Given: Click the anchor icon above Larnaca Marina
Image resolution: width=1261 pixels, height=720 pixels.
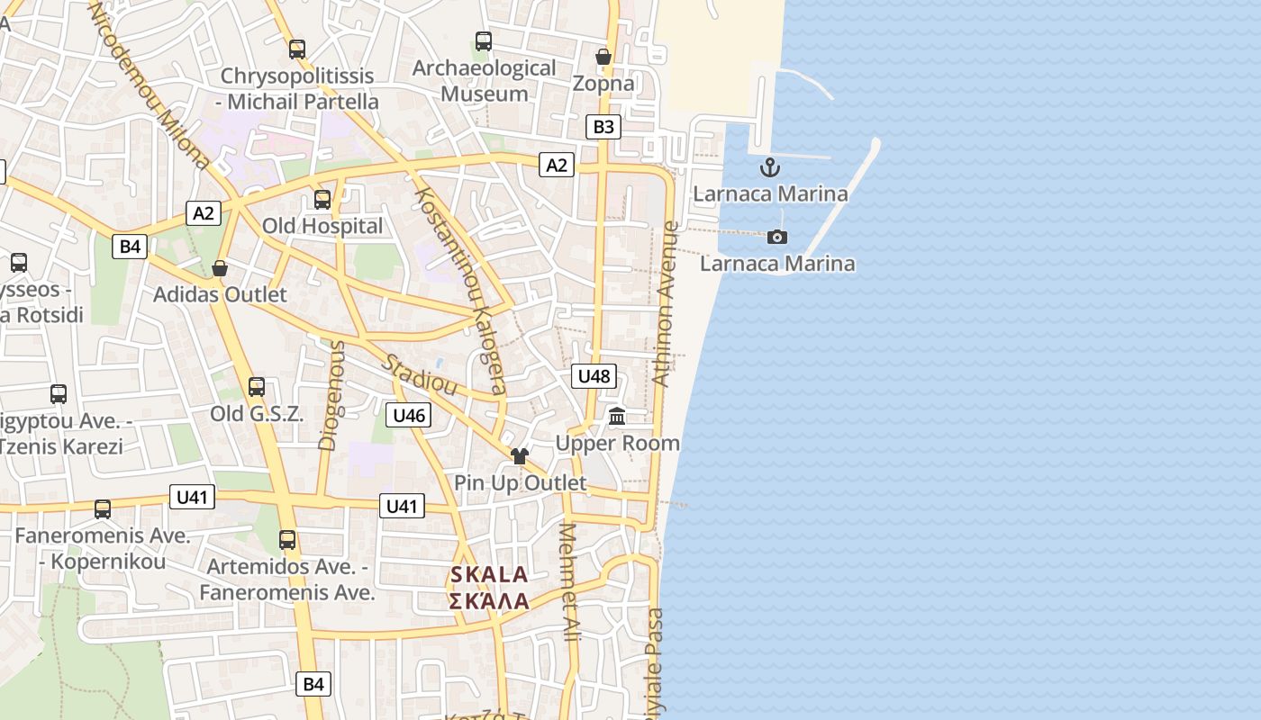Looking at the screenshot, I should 770,166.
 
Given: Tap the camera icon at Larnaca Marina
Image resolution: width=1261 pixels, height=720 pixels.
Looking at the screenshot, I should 777,237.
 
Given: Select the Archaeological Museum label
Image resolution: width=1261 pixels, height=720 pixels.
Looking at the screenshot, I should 485,81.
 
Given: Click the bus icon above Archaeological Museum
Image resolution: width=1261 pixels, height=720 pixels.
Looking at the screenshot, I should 484,40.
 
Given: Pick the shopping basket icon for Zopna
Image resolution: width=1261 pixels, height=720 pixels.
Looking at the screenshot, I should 603,58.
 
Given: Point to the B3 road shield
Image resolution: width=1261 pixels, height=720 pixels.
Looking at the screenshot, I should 603,127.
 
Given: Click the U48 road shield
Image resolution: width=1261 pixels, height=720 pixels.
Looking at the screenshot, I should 594,376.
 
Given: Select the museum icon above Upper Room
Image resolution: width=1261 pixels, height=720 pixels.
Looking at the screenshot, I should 617,416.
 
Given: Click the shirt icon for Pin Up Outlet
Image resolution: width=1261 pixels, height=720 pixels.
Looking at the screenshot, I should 519,456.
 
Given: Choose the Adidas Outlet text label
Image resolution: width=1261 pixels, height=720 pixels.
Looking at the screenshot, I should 220,294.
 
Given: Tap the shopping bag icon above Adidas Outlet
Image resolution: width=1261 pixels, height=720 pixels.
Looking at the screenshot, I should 219,268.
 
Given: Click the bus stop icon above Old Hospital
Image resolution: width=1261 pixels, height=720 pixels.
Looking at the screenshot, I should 322,199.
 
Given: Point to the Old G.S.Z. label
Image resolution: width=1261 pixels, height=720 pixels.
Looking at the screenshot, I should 257,414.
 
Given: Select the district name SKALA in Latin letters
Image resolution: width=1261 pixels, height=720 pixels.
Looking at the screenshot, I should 489,574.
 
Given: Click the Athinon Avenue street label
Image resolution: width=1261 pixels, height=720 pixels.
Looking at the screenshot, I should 664,303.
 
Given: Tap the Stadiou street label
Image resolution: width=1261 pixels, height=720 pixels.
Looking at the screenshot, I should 421,374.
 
